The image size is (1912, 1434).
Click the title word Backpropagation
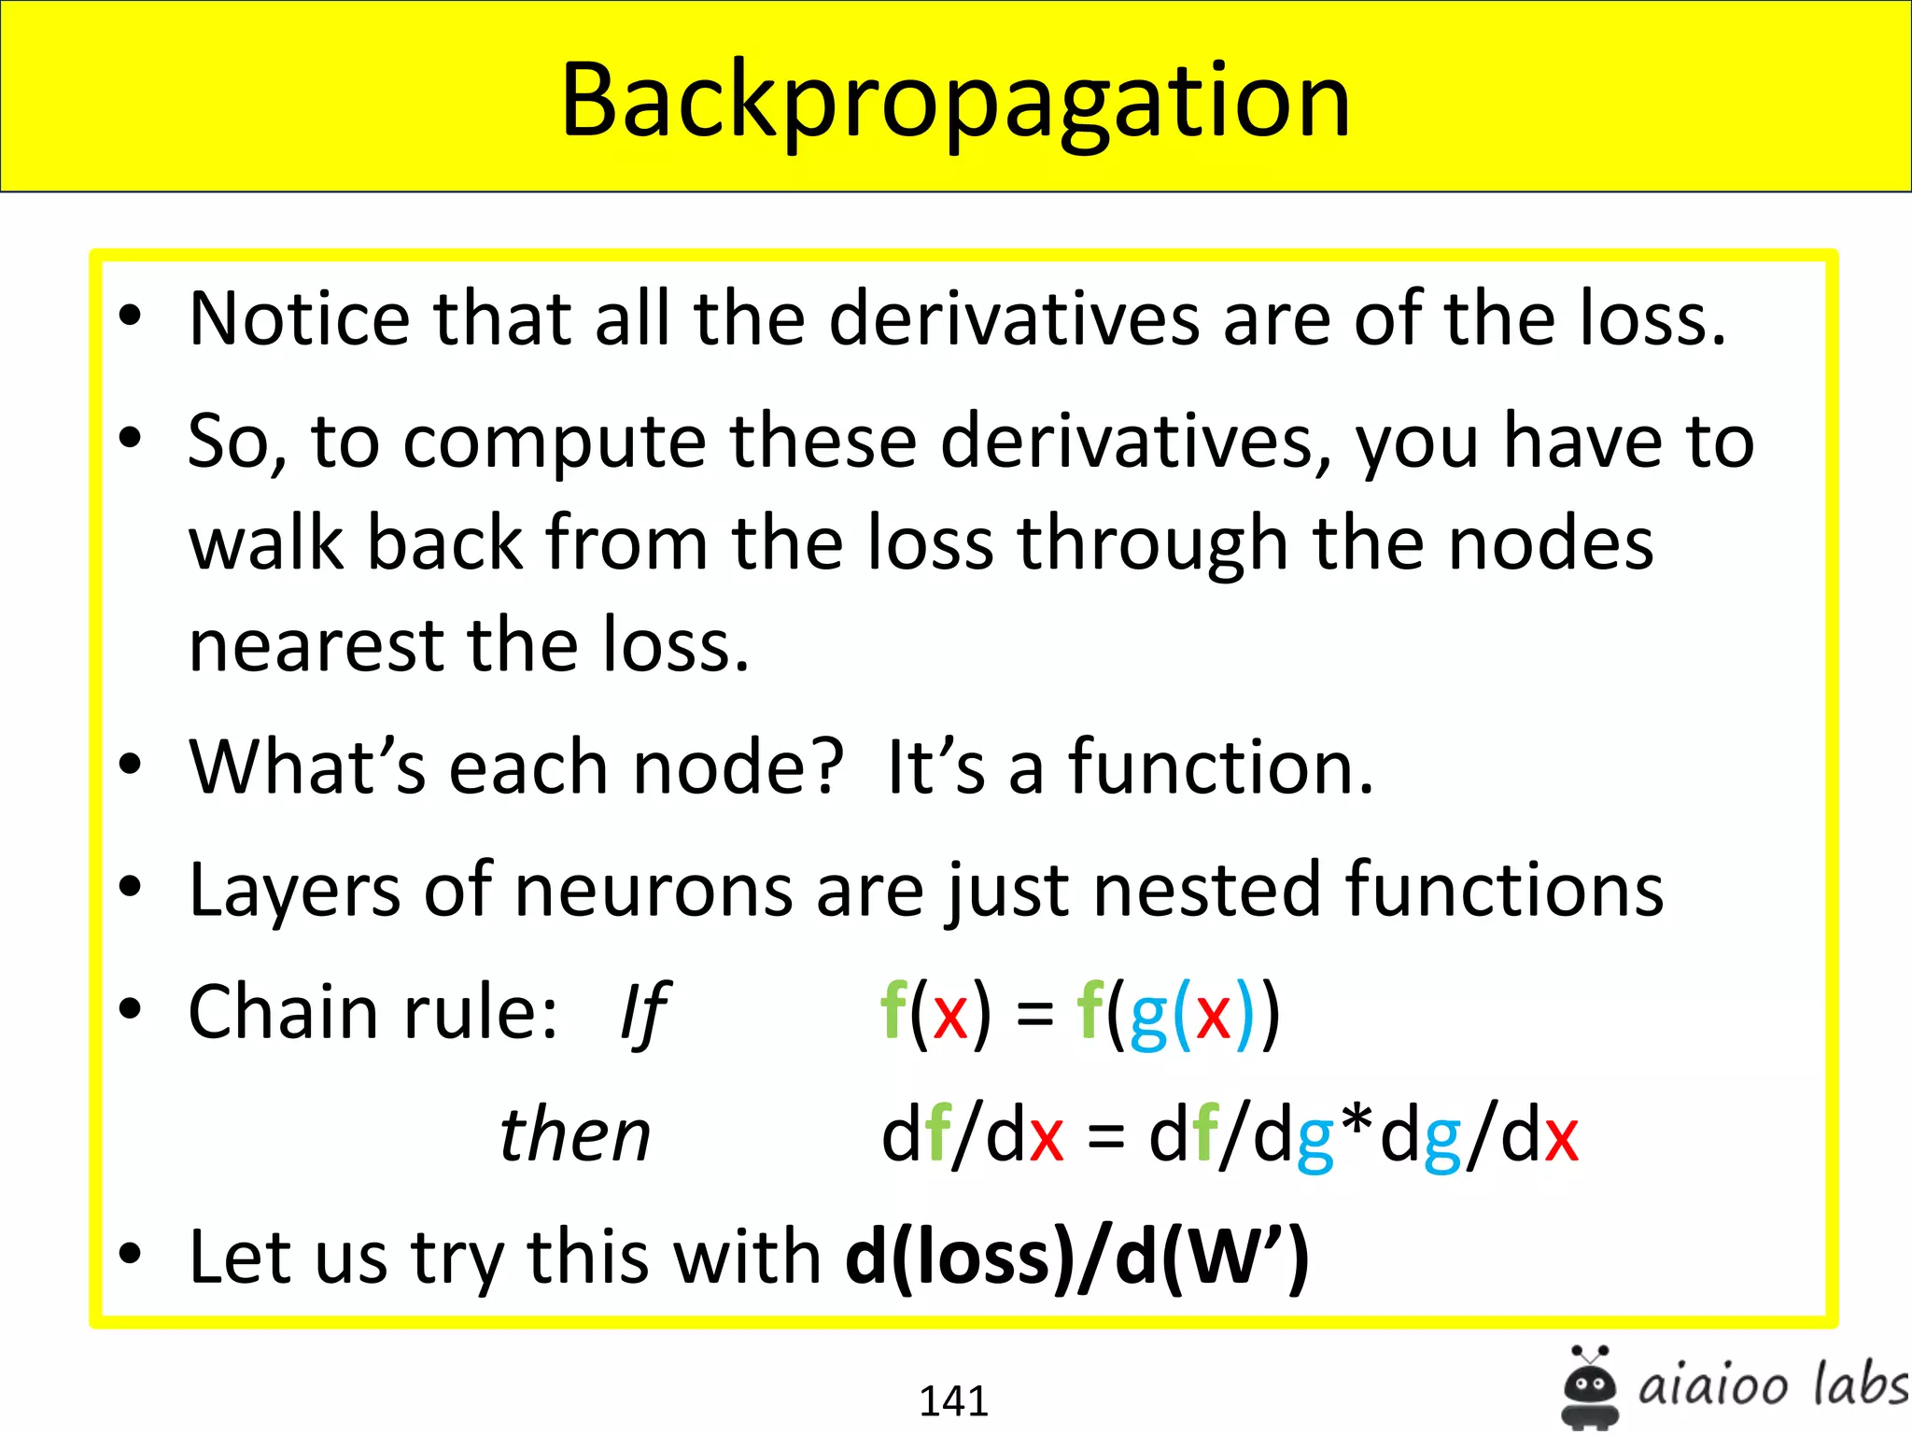click(955, 101)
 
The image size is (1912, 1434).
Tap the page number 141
click(953, 1400)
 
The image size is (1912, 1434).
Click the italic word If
click(643, 1014)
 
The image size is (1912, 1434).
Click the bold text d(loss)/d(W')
click(1076, 1258)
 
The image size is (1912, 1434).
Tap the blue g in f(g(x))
click(1148, 1017)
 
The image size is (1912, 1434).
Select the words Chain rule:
click(373, 1013)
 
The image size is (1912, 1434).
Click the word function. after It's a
click(1221, 767)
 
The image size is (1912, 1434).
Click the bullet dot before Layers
click(130, 887)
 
